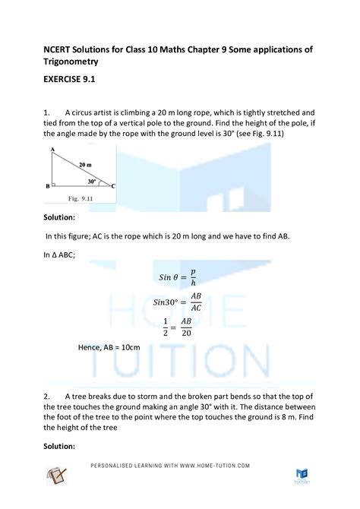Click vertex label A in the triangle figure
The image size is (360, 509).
tap(51, 151)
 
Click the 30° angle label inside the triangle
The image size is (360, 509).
tap(92, 182)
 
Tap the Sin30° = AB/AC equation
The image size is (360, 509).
tap(177, 302)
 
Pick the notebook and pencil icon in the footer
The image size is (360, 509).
tap(58, 476)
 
